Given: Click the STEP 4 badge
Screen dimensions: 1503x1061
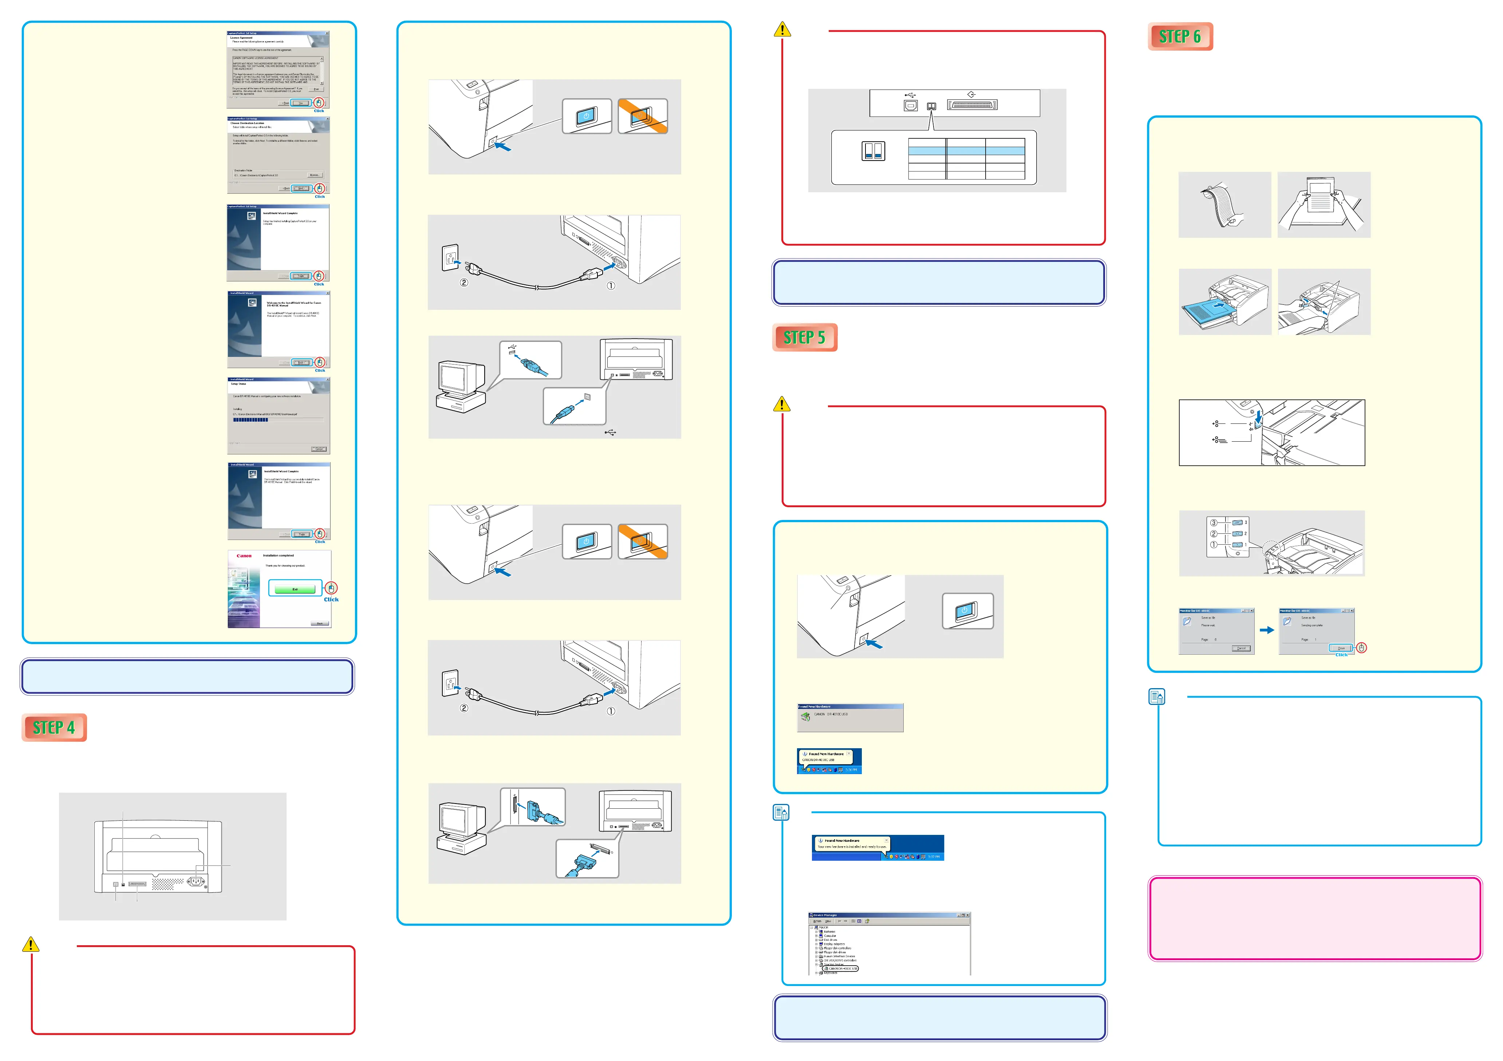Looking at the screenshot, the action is (54, 727).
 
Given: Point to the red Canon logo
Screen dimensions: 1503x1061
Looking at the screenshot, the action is (244, 556).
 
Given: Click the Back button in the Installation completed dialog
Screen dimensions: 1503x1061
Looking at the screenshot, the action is (320, 623).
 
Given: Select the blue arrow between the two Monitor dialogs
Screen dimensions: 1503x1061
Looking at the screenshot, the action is (1267, 630).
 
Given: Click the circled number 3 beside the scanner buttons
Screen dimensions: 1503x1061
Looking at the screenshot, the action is (1214, 522).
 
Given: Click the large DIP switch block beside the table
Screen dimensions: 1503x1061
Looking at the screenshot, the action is (873, 151).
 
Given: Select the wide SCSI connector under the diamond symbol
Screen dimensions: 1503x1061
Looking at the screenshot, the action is (972, 105).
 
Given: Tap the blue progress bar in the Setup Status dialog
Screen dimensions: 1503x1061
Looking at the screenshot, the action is (251, 419).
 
